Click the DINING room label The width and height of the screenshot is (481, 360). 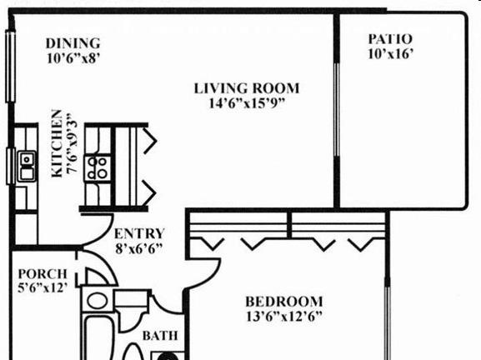pyautogui.click(x=73, y=43)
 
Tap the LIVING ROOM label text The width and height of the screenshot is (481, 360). pyautogui.click(x=247, y=88)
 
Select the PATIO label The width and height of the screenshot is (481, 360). pyautogui.click(x=390, y=39)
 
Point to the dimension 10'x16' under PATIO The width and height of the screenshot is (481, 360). pyautogui.click(x=390, y=54)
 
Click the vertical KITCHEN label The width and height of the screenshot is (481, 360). pyautogui.click(x=57, y=143)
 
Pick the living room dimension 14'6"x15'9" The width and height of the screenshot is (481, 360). pyautogui.click(x=247, y=103)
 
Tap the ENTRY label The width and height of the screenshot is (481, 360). pyautogui.click(x=139, y=233)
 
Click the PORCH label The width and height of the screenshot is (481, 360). pyautogui.click(x=43, y=273)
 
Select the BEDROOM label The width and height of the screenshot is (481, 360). pyautogui.click(x=284, y=302)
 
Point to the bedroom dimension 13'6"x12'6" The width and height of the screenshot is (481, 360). pyautogui.click(x=284, y=316)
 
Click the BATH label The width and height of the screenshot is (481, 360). pyautogui.click(x=160, y=336)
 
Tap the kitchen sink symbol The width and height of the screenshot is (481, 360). pyautogui.click(x=27, y=166)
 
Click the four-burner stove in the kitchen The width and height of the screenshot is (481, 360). pyautogui.click(x=98, y=168)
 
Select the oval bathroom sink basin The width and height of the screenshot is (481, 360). pyautogui.click(x=97, y=301)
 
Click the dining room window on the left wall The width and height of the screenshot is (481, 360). pyautogui.click(x=11, y=67)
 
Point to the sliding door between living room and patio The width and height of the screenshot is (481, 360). pyautogui.click(x=337, y=110)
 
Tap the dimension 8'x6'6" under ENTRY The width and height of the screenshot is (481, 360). pyautogui.click(x=138, y=248)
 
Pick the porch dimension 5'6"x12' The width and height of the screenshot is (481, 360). pyautogui.click(x=43, y=287)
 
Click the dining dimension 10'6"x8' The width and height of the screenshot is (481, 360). pyautogui.click(x=73, y=58)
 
